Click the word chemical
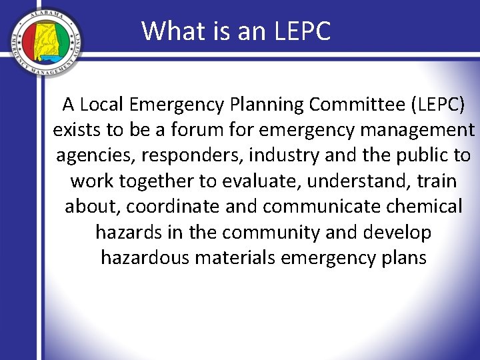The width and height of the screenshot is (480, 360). pyautogui.click(x=424, y=206)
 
